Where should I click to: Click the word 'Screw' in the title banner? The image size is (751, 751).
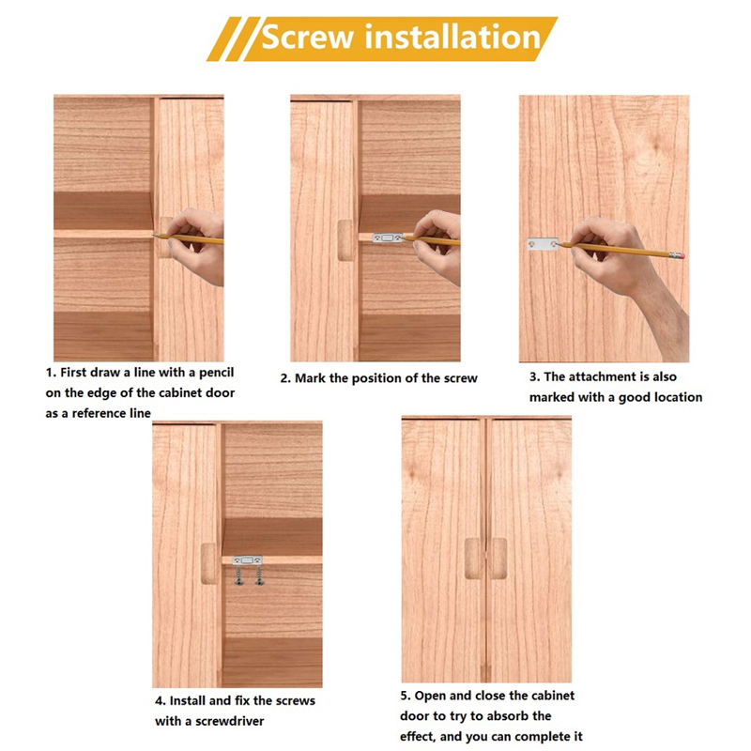(308, 38)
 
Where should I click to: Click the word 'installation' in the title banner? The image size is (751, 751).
(452, 37)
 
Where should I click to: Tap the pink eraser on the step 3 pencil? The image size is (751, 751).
(679, 255)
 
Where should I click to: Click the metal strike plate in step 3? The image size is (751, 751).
(543, 244)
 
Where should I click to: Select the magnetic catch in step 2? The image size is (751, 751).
(389, 238)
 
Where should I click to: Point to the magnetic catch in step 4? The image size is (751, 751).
(247, 559)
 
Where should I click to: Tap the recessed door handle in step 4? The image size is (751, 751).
(208, 564)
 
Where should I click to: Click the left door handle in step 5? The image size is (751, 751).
(473, 558)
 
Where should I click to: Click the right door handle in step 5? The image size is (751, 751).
(498, 558)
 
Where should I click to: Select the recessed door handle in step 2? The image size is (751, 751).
(345, 240)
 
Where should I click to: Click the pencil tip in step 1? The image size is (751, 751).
(154, 235)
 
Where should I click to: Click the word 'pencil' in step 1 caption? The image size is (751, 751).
(217, 373)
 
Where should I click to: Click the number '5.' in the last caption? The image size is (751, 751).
(406, 696)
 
